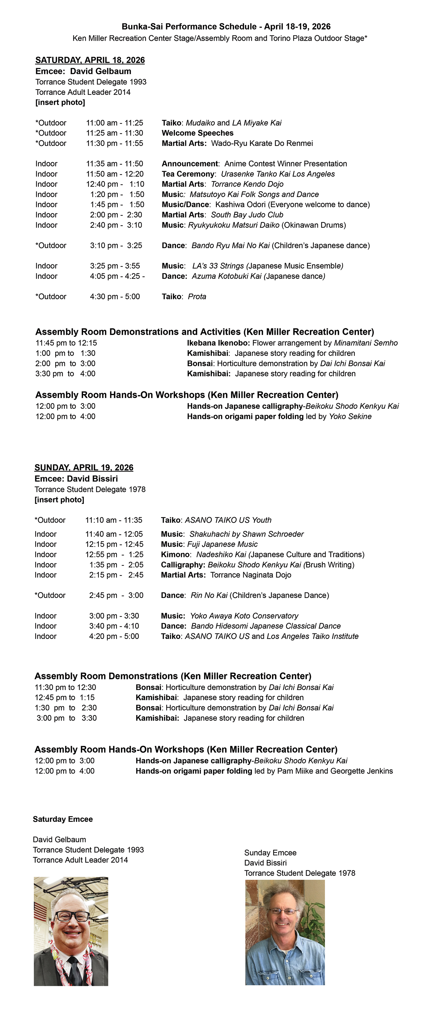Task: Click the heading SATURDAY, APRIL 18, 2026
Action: tap(90, 60)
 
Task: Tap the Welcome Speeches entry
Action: tap(197, 133)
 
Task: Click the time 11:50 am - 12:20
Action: tap(115, 174)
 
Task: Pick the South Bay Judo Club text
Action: tap(247, 215)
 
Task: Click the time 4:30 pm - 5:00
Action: tap(115, 296)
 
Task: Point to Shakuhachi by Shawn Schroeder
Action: tap(246, 534)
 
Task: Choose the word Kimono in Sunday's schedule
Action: tap(175, 554)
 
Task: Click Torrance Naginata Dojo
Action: tap(251, 575)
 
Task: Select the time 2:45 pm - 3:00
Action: tap(116, 595)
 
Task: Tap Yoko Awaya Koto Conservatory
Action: tap(244, 616)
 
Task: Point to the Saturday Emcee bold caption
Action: tap(62, 819)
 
